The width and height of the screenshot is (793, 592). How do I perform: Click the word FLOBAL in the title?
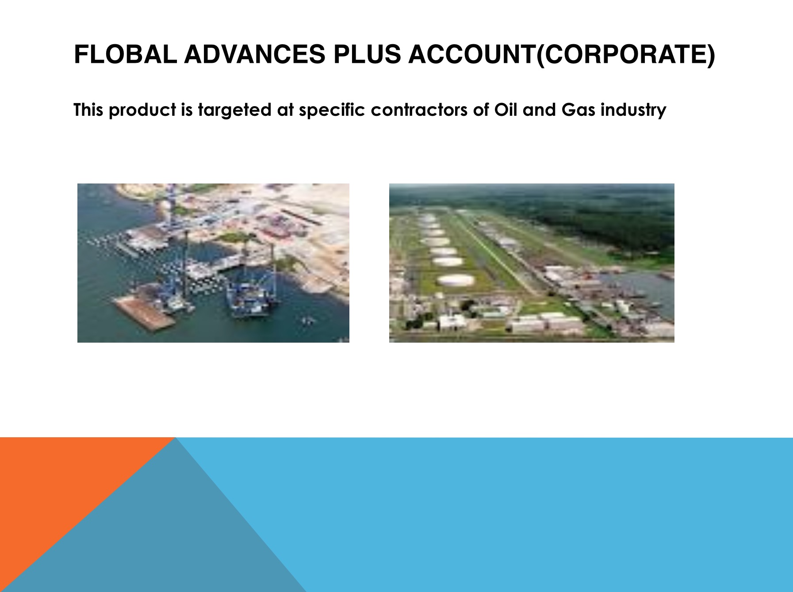coord(125,54)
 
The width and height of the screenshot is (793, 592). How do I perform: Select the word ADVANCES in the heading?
coord(255,54)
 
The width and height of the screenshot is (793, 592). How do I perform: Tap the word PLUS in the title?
coord(367,54)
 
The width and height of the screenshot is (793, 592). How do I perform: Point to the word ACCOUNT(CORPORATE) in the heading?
coord(562,55)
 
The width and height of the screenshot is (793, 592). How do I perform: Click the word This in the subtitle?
coord(89,110)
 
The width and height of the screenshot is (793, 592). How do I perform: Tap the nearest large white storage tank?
coord(456,280)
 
